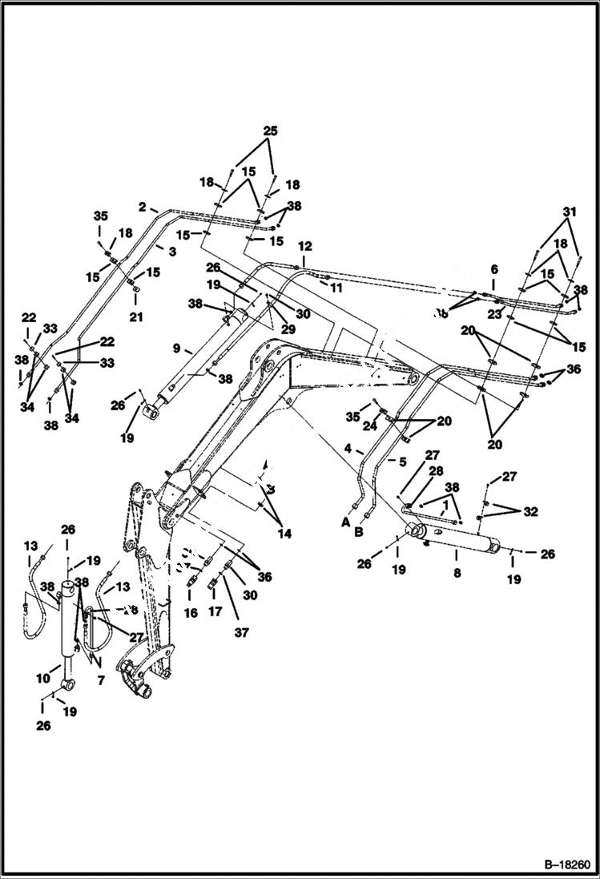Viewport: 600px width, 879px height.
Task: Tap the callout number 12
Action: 304,246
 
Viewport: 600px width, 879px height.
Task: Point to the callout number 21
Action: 136,317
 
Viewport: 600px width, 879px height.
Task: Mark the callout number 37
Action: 242,632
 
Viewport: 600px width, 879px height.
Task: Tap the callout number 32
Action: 530,511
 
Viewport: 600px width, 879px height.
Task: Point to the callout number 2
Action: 142,207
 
